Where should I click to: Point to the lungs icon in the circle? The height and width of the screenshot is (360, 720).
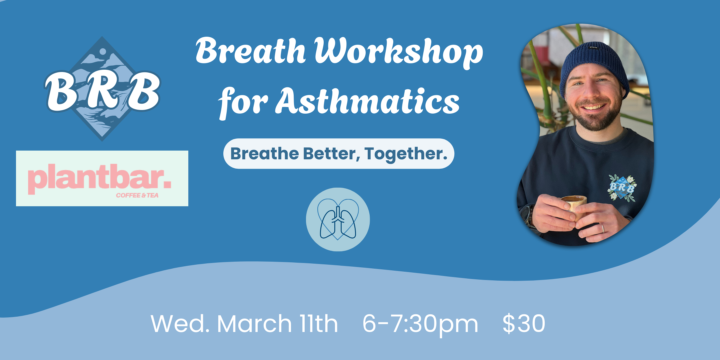pyautogui.click(x=338, y=222)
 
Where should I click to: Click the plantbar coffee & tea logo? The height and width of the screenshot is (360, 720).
pyautogui.click(x=102, y=178)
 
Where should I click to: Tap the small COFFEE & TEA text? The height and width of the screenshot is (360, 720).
pyautogui.click(x=137, y=195)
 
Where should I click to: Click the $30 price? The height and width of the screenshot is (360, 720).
pyautogui.click(x=524, y=323)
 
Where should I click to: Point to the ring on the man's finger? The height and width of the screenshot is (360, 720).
pyautogui.click(x=602, y=228)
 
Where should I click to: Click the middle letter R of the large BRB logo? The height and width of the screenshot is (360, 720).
pyautogui.click(x=102, y=91)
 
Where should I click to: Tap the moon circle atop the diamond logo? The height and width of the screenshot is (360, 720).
pyautogui.click(x=103, y=52)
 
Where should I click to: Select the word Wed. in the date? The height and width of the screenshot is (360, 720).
pyautogui.click(x=180, y=324)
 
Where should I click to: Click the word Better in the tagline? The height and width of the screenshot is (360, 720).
pyautogui.click(x=332, y=154)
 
